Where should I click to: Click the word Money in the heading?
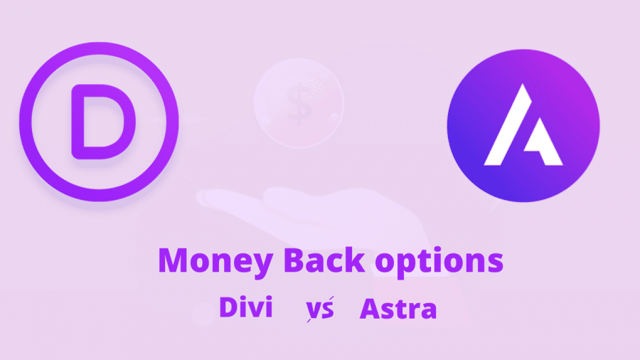215,262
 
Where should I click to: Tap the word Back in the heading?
324,260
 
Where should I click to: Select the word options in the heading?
439,262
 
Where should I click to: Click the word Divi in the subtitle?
246,307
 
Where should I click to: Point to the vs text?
320,309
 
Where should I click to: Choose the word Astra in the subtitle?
398,309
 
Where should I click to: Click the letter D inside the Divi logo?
103,122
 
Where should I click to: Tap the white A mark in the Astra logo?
523,125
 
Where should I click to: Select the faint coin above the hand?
299,103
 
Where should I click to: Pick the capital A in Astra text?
370,309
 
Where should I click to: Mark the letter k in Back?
355,260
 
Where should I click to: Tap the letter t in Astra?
404,309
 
